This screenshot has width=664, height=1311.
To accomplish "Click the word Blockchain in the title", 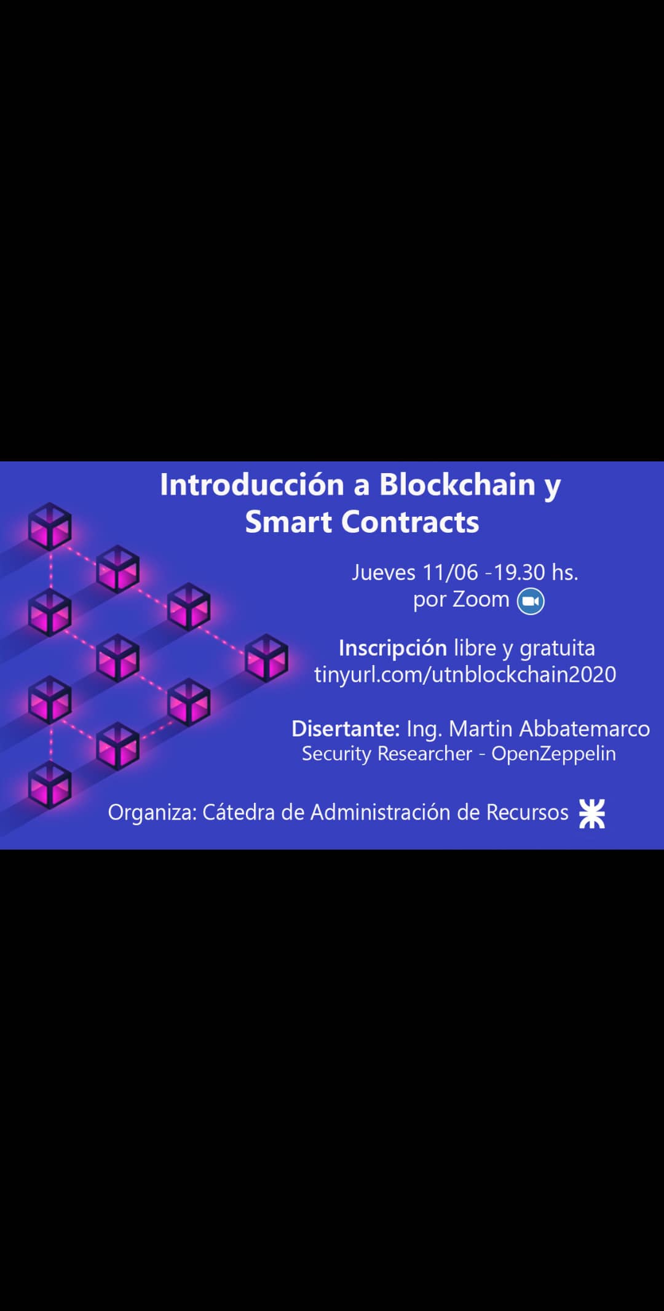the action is pyautogui.click(x=457, y=484).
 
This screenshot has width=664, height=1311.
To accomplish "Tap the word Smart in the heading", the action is pyautogui.click(x=288, y=522).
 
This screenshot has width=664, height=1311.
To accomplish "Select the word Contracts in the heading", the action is pyautogui.click(x=410, y=522).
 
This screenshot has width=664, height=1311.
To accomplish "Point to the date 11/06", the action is pyautogui.click(x=450, y=573).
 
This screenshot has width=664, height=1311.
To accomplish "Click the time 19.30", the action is pyautogui.click(x=520, y=573).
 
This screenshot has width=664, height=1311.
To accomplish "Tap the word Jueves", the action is pyautogui.click(x=384, y=573).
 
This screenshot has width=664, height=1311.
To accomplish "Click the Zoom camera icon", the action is pyautogui.click(x=531, y=601).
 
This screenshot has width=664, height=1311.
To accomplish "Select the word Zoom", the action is pyautogui.click(x=481, y=599).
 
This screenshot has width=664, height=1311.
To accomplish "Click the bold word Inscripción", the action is pyautogui.click(x=393, y=648).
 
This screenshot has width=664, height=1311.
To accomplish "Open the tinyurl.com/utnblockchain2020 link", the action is pyautogui.click(x=465, y=675).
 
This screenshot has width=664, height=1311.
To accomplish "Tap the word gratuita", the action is pyautogui.click(x=557, y=648).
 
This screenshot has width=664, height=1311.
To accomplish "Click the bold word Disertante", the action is pyautogui.click(x=346, y=728).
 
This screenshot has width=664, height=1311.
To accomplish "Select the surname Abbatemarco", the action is pyautogui.click(x=585, y=728).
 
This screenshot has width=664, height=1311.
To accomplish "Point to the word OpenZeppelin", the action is pyautogui.click(x=553, y=754).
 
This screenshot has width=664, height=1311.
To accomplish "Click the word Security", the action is pyautogui.click(x=336, y=754).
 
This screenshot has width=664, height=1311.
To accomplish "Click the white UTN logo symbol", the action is pyautogui.click(x=592, y=813).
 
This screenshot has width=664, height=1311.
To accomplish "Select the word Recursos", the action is pyautogui.click(x=528, y=813).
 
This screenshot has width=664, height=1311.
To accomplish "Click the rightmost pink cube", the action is pyautogui.click(x=266, y=658).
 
